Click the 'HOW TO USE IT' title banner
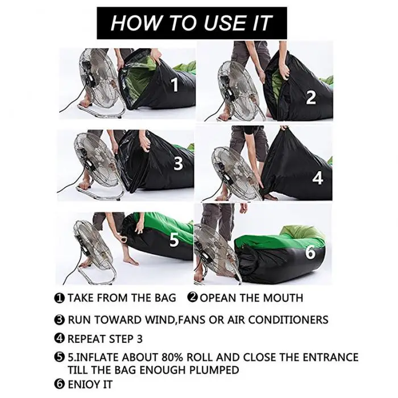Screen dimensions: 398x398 192,23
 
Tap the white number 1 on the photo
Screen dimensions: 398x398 175,85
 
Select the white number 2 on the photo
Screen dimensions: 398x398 311,97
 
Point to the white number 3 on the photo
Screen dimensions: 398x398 178,164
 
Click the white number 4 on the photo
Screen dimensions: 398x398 317,178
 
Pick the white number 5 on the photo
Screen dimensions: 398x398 174,239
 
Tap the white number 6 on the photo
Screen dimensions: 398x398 310,252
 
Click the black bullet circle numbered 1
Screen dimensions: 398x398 59,298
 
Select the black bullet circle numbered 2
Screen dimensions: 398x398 192,297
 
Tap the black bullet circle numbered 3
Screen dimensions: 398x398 59,320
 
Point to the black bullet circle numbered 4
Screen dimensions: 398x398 59,338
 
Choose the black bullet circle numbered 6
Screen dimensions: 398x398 59,384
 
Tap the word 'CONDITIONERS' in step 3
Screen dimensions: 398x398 288,320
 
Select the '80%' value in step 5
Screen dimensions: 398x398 173,358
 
